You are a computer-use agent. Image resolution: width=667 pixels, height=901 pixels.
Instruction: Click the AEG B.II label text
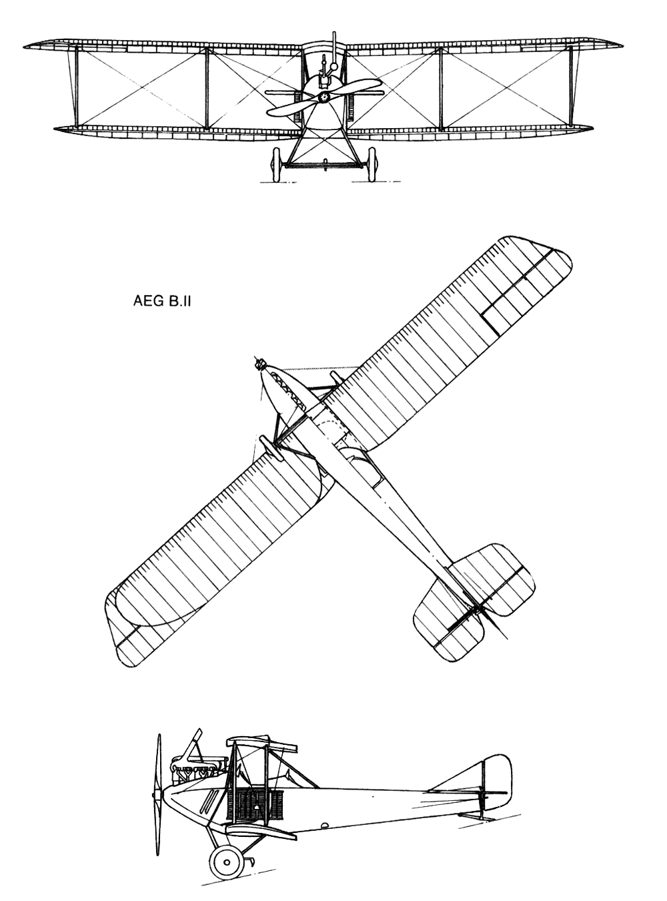pyautogui.click(x=162, y=302)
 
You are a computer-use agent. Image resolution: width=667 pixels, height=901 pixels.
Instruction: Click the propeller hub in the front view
pyautogui.click(x=324, y=97)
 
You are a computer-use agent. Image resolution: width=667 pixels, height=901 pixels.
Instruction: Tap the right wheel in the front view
pyautogui.click(x=372, y=165)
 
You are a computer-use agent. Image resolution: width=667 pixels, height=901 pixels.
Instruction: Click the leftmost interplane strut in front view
pyautogui.click(x=77, y=87)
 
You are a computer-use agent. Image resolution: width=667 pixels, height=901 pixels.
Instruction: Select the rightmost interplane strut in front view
pyautogui.click(x=572, y=87)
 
